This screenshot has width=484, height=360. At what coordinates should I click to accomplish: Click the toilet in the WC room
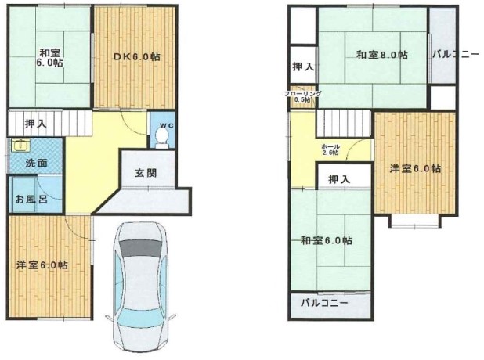coord(162,138)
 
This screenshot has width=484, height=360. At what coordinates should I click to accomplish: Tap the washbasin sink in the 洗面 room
coord(20,145)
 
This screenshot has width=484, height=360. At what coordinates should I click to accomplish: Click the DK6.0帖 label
coord(137,57)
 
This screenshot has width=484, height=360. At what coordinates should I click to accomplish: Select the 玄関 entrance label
coord(146,173)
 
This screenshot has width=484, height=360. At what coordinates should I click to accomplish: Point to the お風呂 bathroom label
coord(31,199)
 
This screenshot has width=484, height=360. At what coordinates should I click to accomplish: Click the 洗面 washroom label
coord(37,163)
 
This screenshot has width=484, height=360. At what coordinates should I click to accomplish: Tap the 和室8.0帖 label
coord(382,56)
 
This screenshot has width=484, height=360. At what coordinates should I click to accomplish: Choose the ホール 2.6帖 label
coord(330,149)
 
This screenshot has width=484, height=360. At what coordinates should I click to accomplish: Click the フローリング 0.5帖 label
coord(303,96)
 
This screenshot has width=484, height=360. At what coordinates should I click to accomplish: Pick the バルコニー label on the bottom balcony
coord(324,303)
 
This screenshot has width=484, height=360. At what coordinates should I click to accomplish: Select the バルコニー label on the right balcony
coord(456,55)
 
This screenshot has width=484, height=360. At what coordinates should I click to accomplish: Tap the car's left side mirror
coord(109,318)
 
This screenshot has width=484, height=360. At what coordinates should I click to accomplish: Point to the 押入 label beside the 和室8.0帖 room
coord(303,67)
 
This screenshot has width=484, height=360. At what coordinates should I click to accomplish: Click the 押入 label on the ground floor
coord(36,124)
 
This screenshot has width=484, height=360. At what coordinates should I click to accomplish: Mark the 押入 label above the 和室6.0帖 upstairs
coord(340,179)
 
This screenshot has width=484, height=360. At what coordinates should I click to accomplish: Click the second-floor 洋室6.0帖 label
coord(415,169)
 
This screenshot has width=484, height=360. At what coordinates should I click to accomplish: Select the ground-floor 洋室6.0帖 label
coord(42,265)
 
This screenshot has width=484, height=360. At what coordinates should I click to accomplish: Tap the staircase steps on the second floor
coord(344,123)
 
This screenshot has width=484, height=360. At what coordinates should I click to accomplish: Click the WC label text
coord(167,125)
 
